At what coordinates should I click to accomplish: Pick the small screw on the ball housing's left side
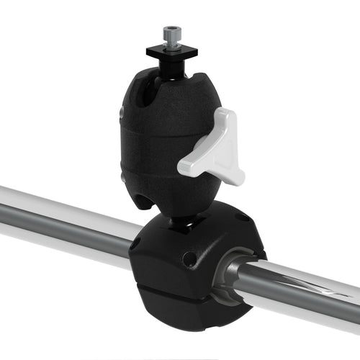[x=122, y=114]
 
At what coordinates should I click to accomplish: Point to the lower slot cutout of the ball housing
[x=147, y=197]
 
